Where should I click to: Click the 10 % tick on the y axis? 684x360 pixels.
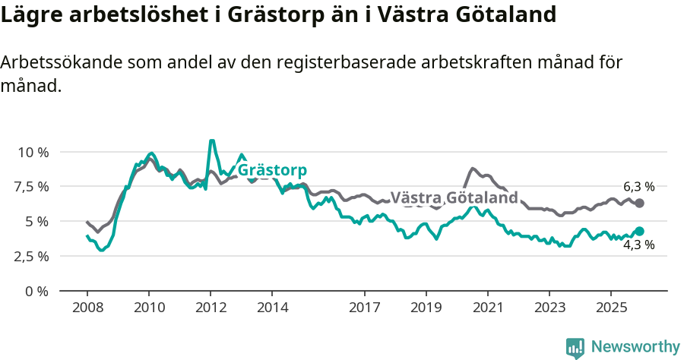33,152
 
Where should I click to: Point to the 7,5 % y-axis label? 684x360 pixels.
33,187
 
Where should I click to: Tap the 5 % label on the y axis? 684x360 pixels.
37,222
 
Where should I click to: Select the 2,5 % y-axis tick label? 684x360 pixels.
33,256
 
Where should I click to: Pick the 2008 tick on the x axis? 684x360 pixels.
87,308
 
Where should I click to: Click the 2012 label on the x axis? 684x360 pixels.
211,308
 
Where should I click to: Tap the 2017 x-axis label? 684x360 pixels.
365,308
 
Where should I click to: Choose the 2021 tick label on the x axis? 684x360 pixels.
487,308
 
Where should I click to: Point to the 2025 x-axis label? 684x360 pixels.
610,308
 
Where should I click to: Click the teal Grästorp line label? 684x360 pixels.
272,170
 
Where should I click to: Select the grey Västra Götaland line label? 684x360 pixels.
454,198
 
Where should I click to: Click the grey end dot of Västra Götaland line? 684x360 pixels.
639,203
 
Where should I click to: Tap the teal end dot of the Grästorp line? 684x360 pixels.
639,231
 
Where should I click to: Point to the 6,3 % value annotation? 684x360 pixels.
638,187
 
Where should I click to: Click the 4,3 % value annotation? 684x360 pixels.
638,245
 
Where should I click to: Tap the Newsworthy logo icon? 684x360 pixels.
575,347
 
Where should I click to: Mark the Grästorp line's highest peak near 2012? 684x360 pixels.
211,141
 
